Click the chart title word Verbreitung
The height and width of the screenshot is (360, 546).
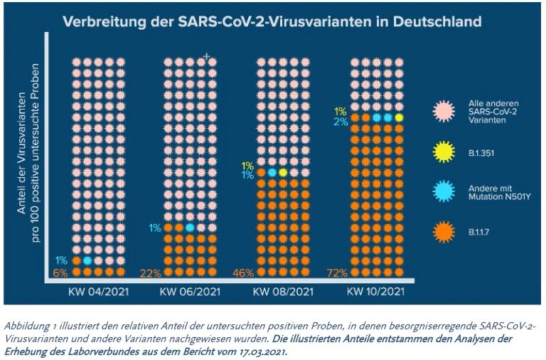tap(100, 21)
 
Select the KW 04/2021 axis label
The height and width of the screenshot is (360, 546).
tap(88, 292)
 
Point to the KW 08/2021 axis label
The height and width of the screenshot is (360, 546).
tap(282, 292)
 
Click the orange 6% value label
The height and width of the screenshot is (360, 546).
tap(61, 272)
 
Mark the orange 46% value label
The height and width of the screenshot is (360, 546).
tap(245, 272)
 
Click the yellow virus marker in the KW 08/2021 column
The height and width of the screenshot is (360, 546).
tap(283, 172)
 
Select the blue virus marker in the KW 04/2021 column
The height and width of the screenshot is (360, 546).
tap(87, 261)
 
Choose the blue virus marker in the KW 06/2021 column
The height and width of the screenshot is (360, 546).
tap(190, 228)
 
